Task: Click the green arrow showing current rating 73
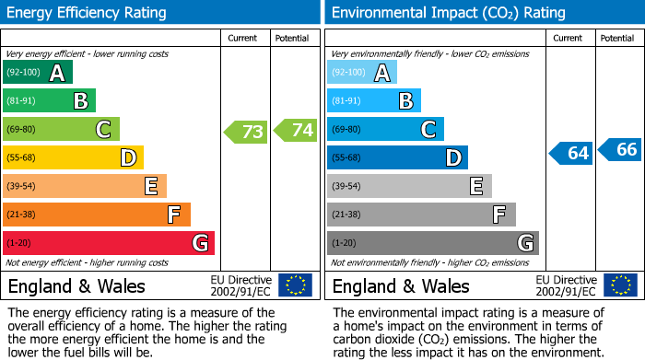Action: [246, 132]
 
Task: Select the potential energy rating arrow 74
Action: [296, 131]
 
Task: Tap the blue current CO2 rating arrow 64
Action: [570, 153]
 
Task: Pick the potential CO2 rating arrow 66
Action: [620, 149]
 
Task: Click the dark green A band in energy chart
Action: [38, 73]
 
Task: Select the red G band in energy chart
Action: [109, 243]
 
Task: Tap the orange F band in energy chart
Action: [97, 215]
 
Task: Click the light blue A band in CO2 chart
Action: [362, 73]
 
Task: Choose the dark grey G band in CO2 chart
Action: [433, 243]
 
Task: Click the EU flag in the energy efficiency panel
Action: [295, 285]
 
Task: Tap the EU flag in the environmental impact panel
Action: [619, 285]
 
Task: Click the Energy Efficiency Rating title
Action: [88, 13]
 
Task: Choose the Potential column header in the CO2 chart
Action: [617, 38]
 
